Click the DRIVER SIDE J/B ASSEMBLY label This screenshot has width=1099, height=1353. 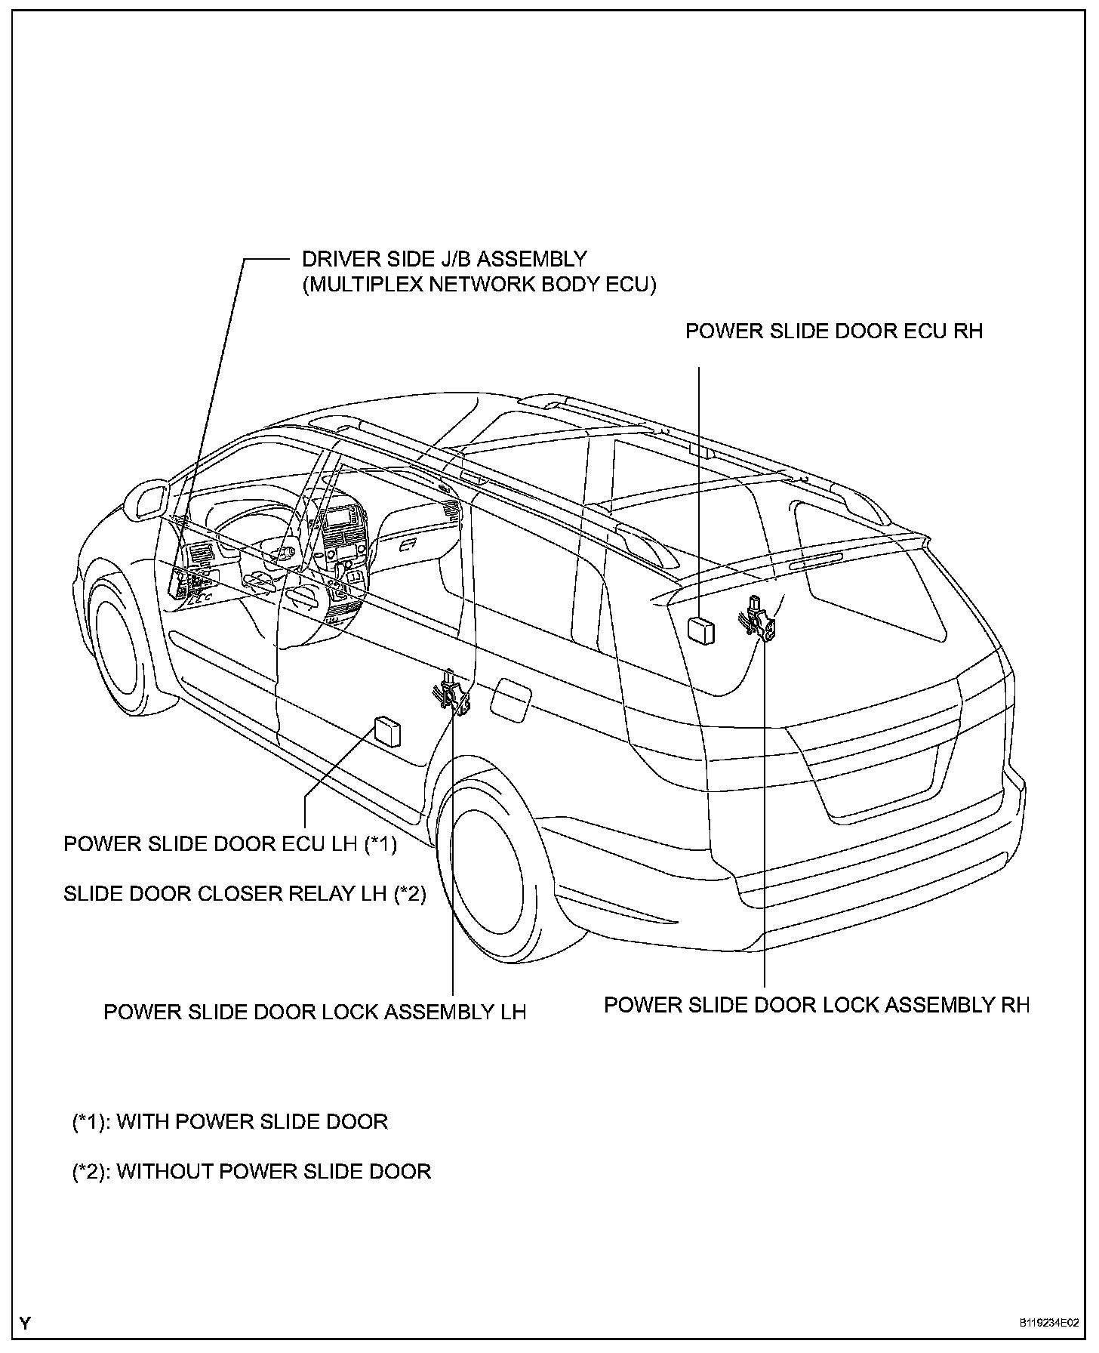444,259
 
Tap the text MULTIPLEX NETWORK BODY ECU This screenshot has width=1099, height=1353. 479,285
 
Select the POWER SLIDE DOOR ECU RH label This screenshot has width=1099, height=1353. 833,331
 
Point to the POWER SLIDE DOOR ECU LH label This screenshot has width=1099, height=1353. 230,843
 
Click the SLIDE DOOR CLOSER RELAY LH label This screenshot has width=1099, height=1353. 245,894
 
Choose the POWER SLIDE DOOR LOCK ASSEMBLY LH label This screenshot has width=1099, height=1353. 315,1012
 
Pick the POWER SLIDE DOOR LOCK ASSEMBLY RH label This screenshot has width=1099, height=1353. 817,1005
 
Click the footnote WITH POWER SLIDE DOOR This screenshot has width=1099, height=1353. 230,1122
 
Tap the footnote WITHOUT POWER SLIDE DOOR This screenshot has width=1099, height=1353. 251,1171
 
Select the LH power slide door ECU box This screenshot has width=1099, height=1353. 387,732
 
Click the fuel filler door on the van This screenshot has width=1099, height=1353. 511,697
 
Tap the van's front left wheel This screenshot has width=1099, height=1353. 121,649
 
